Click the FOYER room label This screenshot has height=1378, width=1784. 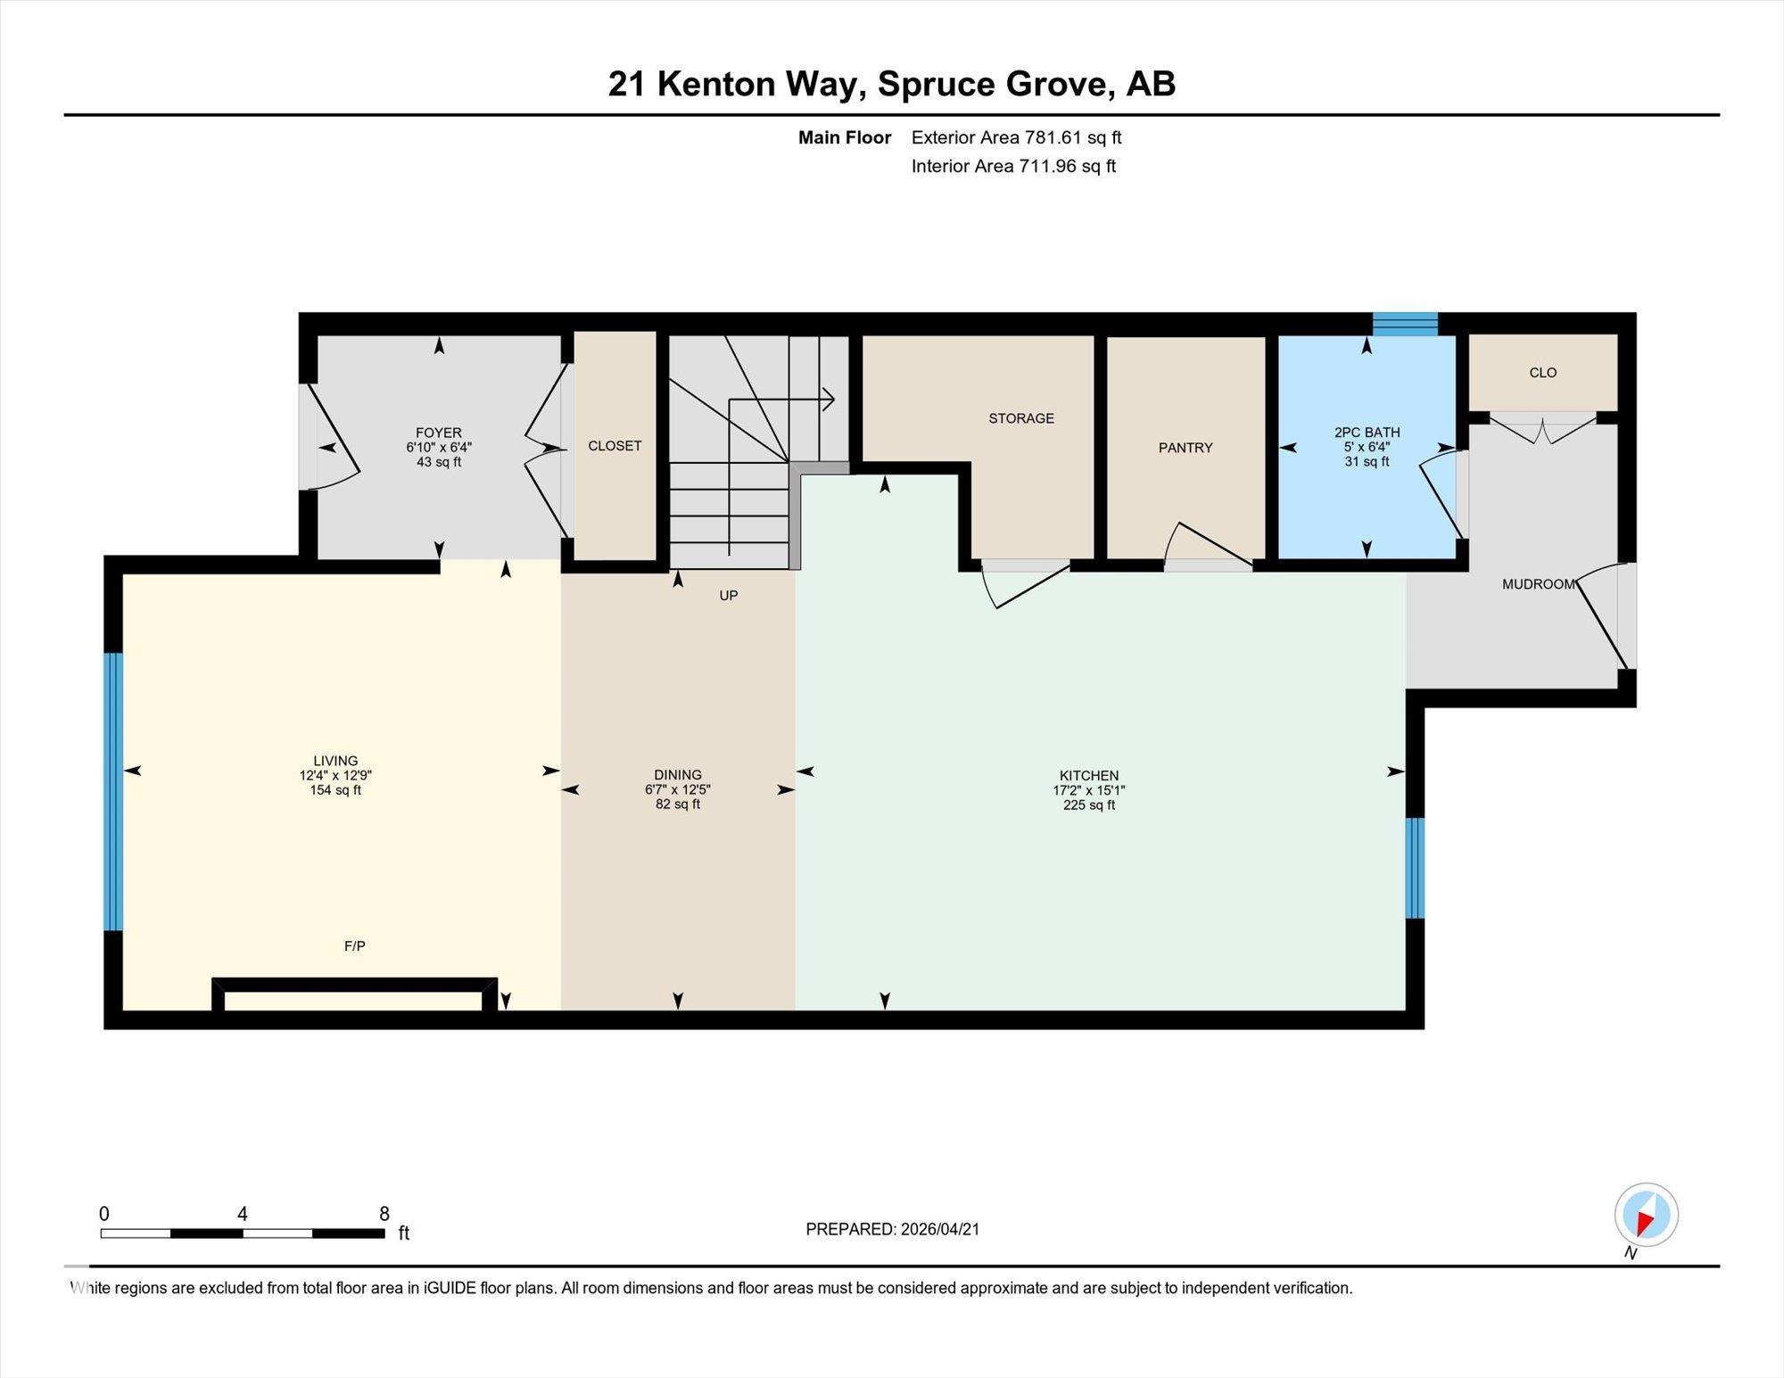(438, 433)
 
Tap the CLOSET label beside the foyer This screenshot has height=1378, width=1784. (615, 446)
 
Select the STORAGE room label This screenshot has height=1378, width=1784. (1021, 418)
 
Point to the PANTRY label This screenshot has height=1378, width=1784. (1185, 448)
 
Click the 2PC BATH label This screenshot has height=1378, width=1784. (1367, 433)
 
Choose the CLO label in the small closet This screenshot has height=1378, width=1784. (1543, 373)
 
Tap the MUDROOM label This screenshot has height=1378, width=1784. (1539, 584)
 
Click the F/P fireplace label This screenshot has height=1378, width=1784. (355, 945)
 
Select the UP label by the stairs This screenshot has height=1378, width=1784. (729, 596)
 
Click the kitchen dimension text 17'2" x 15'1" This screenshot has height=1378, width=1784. (1089, 790)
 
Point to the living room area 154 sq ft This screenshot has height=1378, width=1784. (335, 790)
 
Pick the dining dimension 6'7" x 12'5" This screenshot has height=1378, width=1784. (678, 789)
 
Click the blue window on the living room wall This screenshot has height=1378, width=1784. (113, 792)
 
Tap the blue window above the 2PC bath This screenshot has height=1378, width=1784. (1405, 324)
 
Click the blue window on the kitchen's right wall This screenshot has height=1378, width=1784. (1415, 868)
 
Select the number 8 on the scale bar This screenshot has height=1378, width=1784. (384, 1214)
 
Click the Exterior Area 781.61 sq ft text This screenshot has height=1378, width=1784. (1016, 137)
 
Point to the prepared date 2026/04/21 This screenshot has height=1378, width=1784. (940, 1229)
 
